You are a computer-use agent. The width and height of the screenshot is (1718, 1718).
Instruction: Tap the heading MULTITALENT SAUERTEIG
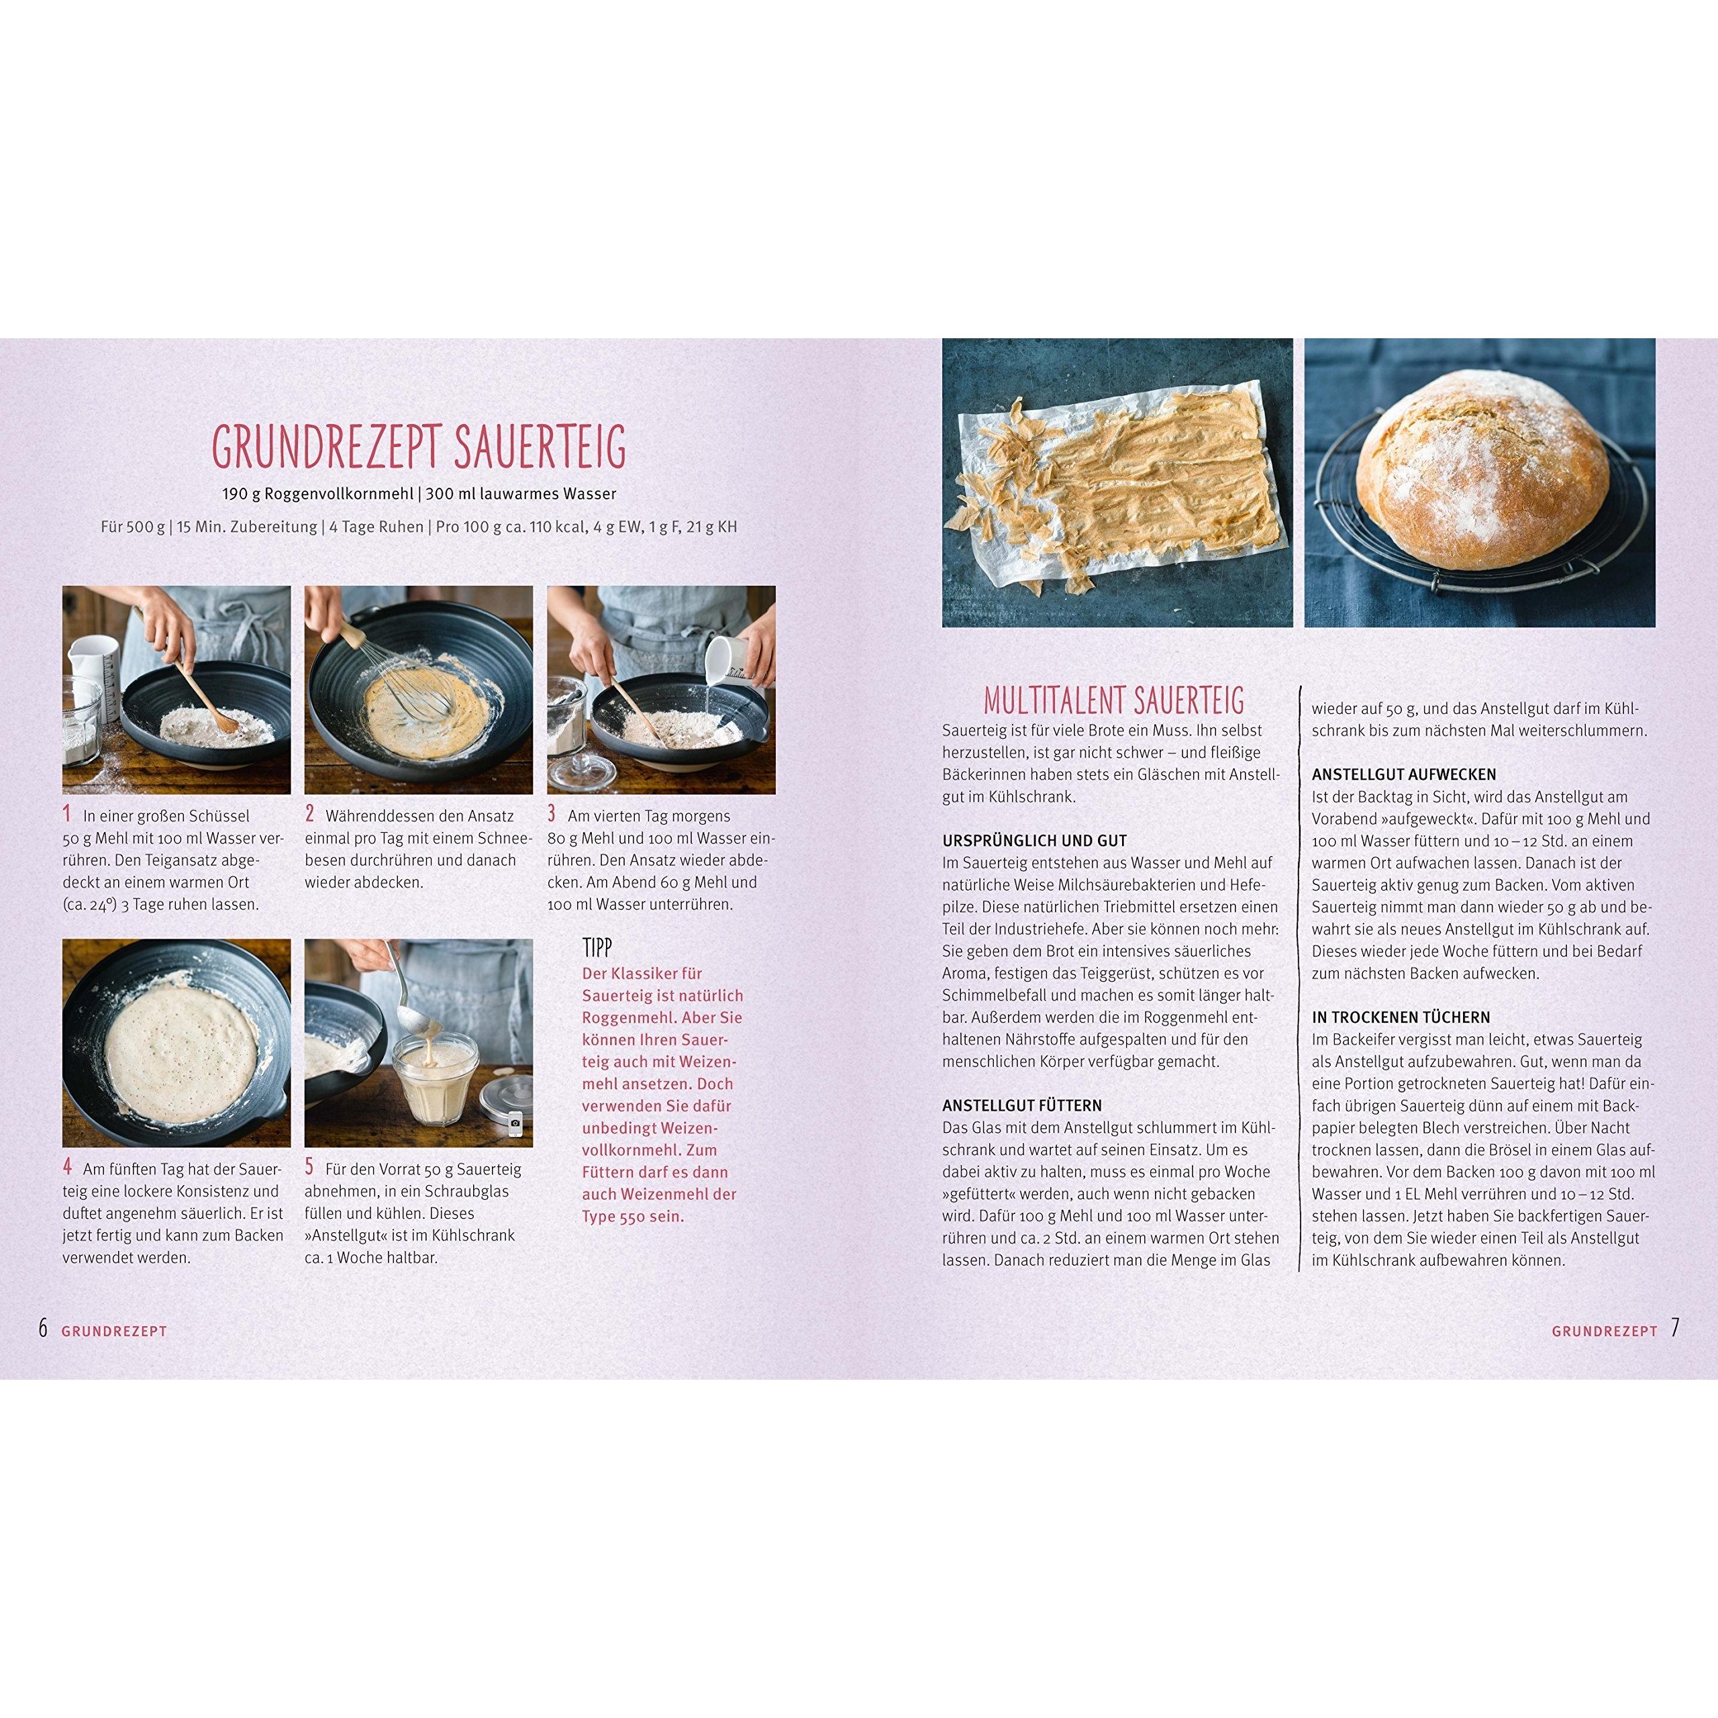[x=1113, y=700]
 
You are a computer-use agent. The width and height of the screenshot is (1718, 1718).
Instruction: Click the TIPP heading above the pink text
[x=597, y=947]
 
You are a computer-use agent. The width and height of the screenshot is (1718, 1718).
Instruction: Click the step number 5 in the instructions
[x=309, y=1166]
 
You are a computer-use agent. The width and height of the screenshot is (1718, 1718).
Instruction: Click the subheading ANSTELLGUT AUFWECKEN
[x=1403, y=774]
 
